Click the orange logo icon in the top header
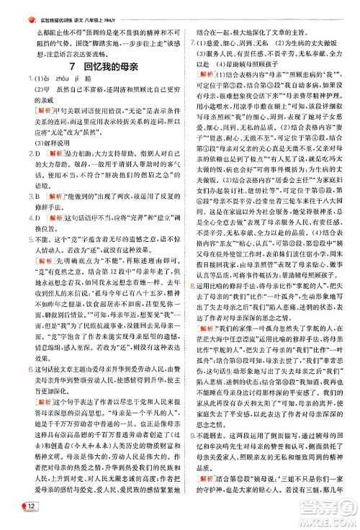28,6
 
